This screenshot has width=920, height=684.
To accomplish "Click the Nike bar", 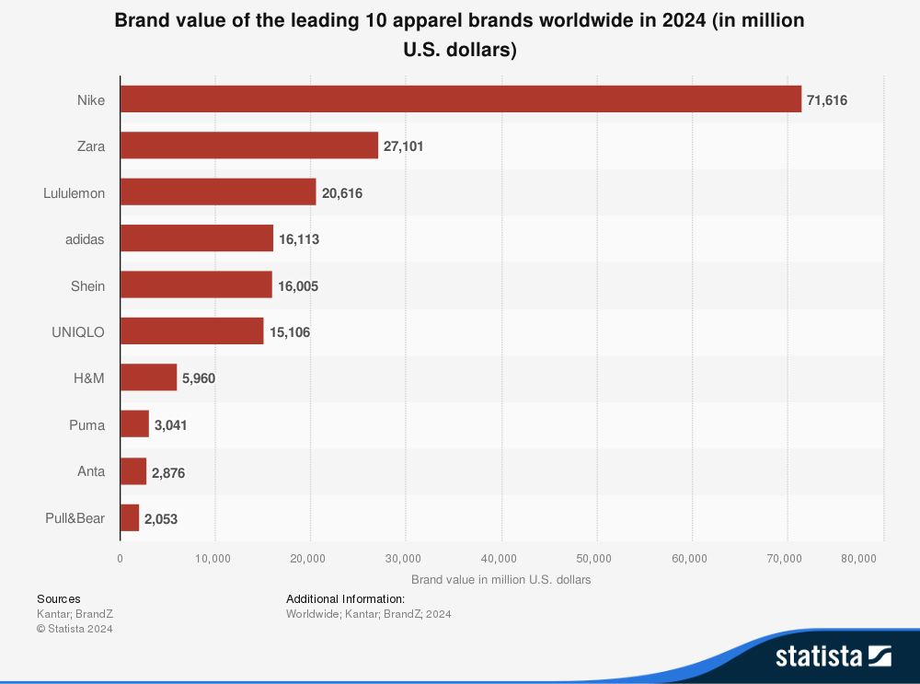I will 461,99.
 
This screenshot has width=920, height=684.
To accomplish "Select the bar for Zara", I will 249,145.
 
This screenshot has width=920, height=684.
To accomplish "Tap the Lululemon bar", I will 218,192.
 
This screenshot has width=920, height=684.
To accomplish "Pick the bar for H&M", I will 148,377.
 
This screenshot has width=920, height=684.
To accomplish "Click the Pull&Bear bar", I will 130,517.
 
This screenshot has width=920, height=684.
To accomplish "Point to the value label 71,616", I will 827,100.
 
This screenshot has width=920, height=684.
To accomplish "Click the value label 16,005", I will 298,286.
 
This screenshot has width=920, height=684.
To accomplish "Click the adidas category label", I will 86,239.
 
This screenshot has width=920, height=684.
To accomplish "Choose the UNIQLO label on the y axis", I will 78,332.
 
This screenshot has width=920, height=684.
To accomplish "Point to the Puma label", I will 86,425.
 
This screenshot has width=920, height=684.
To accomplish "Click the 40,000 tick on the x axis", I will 500,558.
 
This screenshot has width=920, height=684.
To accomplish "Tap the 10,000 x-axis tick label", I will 215,558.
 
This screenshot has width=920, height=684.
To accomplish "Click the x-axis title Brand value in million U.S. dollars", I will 500,580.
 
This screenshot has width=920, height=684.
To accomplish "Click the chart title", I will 459,35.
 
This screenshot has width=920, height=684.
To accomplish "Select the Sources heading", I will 58,598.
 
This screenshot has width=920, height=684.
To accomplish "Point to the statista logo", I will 833,655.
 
